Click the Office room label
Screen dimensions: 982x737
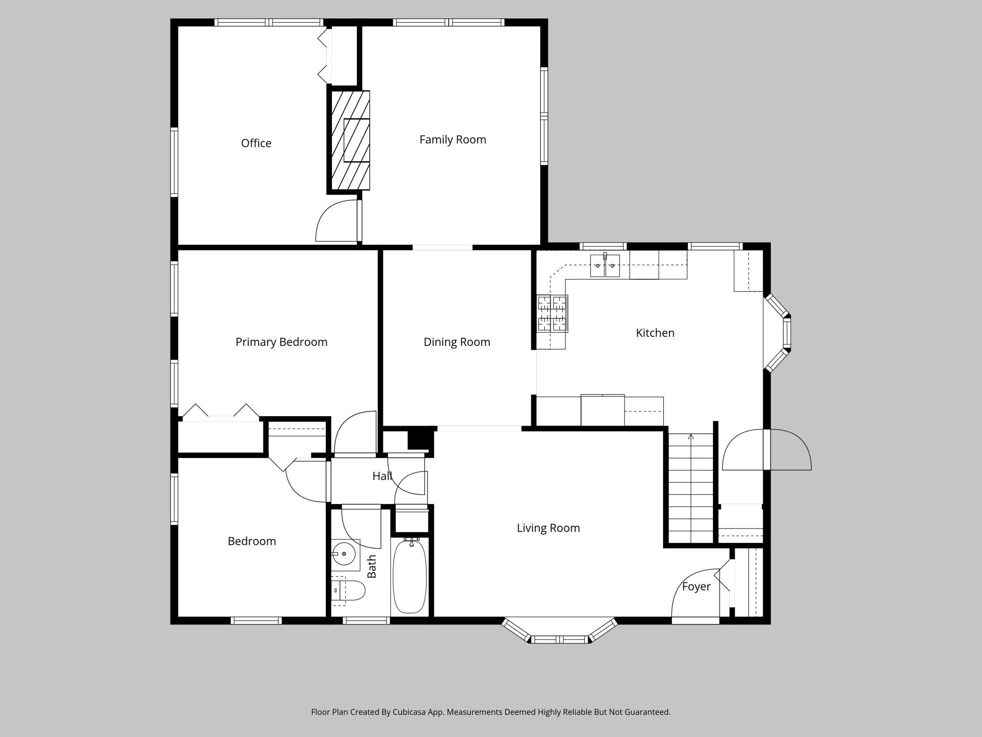[256, 143]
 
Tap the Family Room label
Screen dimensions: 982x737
[453, 140]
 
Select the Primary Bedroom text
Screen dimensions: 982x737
[281, 342]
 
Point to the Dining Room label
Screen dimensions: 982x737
[457, 342]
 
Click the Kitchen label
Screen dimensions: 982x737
[655, 333]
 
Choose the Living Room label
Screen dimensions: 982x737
[548, 528]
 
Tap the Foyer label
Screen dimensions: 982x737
[696, 587]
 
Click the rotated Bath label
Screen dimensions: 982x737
[372, 566]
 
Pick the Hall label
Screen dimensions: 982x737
[382, 476]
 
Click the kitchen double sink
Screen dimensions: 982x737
[605, 266]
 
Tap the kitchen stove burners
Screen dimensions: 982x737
[552, 313]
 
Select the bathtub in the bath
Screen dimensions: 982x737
[410, 576]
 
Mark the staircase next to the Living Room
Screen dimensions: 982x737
[691, 488]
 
